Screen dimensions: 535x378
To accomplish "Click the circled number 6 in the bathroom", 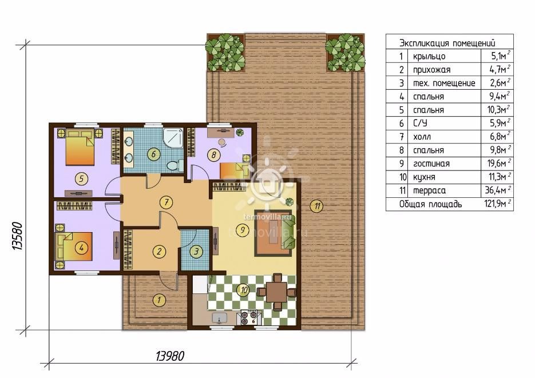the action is click(x=153, y=154).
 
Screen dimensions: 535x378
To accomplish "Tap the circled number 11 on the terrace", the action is click(x=318, y=206).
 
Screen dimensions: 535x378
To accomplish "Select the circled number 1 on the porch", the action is click(x=159, y=300).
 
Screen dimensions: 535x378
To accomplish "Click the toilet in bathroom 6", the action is click(x=174, y=166).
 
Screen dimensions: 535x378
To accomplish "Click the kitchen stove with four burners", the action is click(x=249, y=318).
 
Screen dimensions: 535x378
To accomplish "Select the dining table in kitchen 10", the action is click(x=276, y=292).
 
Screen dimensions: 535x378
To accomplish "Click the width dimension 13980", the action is click(x=169, y=356).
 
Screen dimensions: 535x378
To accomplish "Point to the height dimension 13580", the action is click(x=17, y=237).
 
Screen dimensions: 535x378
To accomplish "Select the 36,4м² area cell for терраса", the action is click(x=497, y=190).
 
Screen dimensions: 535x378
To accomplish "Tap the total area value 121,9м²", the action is click(x=497, y=204).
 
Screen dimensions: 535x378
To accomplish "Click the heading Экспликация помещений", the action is click(x=447, y=43).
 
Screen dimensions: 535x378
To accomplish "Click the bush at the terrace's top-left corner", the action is click(x=225, y=52).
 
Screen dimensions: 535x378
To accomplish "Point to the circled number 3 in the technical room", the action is click(x=196, y=252).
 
